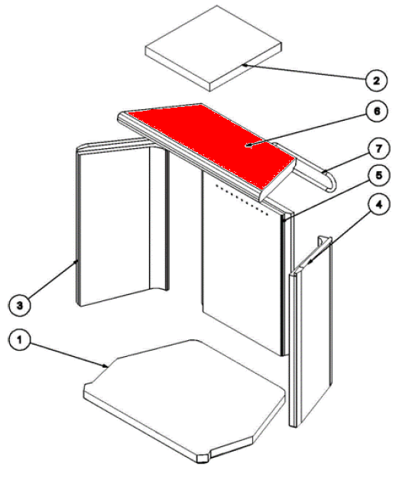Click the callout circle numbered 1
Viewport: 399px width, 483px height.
[20, 340]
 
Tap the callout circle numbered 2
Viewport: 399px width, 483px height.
[376, 81]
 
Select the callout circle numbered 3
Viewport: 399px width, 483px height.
[20, 306]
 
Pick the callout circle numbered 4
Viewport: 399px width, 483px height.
[379, 204]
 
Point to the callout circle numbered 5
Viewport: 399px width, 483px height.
[379, 175]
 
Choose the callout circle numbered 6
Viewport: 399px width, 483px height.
[377, 112]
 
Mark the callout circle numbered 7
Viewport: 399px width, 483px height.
[379, 148]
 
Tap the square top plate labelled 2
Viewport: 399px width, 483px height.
[213, 48]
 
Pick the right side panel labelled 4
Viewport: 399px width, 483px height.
[310, 331]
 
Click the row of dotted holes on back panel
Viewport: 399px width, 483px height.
[242, 199]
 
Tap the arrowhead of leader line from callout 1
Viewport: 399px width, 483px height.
[105, 366]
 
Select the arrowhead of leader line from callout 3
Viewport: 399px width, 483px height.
[76, 261]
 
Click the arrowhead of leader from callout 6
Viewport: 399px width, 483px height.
[248, 145]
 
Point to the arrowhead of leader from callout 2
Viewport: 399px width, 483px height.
[245, 65]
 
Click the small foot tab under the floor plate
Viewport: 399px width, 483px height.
[203, 458]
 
